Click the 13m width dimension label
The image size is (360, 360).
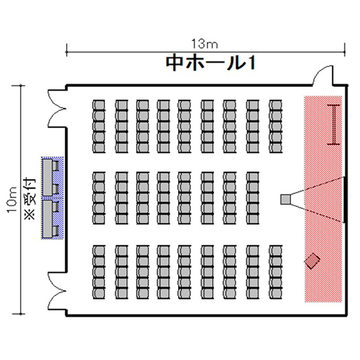click(204, 44)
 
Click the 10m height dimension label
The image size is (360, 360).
click(12, 200)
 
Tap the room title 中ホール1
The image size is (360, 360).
click(210, 63)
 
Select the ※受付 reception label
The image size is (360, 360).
click(30, 199)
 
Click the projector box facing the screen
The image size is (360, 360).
click(286, 199)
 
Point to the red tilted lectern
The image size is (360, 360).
click(312, 261)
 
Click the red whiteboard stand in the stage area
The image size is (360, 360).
click(334, 124)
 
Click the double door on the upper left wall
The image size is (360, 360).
click(57, 108)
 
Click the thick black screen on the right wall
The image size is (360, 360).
click(344, 200)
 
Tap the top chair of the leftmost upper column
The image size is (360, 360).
click(99, 106)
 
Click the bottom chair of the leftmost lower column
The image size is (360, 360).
click(99, 293)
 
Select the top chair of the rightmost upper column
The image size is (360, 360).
click(276, 106)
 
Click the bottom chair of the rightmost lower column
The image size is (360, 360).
click(276, 293)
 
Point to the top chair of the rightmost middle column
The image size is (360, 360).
click(253, 178)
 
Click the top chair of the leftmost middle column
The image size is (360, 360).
click(99, 178)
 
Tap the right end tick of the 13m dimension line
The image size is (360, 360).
click(344, 50)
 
